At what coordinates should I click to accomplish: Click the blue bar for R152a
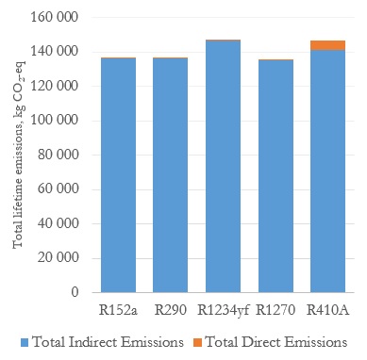[118, 175]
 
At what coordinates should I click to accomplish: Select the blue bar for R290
[170, 175]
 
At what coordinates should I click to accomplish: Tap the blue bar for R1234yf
[223, 167]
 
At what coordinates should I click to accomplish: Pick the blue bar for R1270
[275, 176]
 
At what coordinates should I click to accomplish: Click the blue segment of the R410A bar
[327, 172]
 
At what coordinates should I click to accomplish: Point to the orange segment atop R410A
[327, 45]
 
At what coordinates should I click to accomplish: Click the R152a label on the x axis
[118, 310]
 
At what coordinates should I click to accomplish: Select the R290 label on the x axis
[171, 310]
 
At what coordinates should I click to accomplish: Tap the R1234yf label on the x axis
[223, 311]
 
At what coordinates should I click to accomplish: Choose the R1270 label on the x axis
[275, 310]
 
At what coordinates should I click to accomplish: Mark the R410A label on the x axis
[328, 310]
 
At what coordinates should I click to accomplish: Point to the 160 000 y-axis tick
[54, 17]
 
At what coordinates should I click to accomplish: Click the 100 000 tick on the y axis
[54, 120]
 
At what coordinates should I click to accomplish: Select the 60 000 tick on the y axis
[58, 188]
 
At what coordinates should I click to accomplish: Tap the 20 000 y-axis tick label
[58, 257]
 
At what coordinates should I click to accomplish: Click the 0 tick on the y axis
[75, 292]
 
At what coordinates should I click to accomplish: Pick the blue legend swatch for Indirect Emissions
[25, 342]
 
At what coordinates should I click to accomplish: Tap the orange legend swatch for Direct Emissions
[198, 342]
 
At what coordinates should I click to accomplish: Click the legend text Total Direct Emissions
[276, 342]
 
